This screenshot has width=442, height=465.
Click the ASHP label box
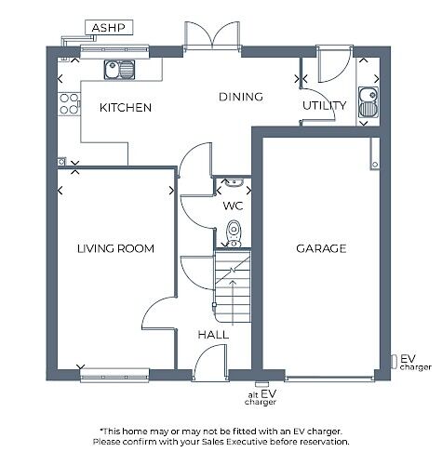(x=109, y=28)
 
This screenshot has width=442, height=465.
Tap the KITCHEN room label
(x=126, y=108)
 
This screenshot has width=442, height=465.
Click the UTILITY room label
(x=324, y=106)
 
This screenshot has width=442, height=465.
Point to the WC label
(x=233, y=206)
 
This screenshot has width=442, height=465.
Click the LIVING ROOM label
(x=115, y=248)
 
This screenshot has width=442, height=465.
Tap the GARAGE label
(x=321, y=248)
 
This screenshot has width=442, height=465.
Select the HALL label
(x=213, y=335)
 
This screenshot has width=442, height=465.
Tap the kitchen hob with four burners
(x=68, y=102)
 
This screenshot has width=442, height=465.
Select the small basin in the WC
(x=234, y=183)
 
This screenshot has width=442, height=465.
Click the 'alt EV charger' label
(x=261, y=398)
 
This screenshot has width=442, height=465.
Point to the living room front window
(x=115, y=375)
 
